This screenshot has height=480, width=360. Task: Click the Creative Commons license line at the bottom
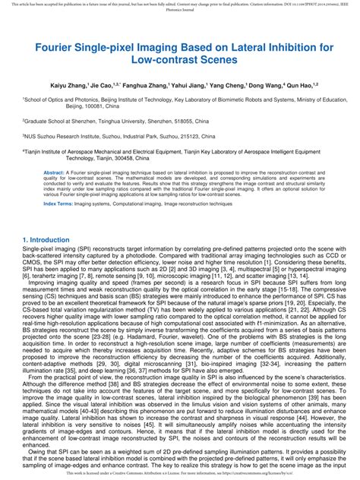pyautogui.click(x=179, y=473)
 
